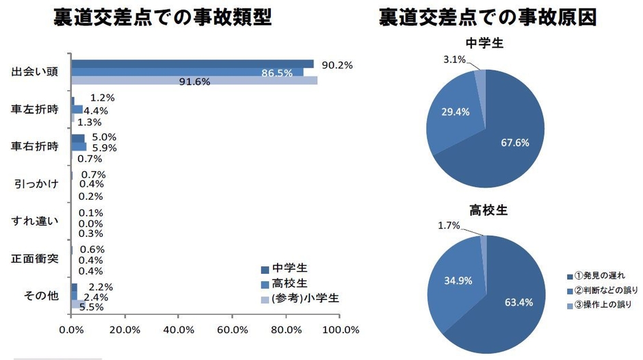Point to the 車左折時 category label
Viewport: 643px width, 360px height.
(x=34, y=110)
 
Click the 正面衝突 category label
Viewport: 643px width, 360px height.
(x=34, y=259)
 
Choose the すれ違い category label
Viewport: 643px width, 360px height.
(x=34, y=221)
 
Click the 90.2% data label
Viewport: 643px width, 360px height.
(x=337, y=65)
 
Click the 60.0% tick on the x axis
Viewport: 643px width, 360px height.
(x=232, y=329)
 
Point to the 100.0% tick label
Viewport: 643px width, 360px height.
(x=340, y=329)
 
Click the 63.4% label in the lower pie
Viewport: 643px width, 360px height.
(x=516, y=304)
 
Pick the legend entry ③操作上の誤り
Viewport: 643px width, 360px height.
(x=598, y=304)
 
